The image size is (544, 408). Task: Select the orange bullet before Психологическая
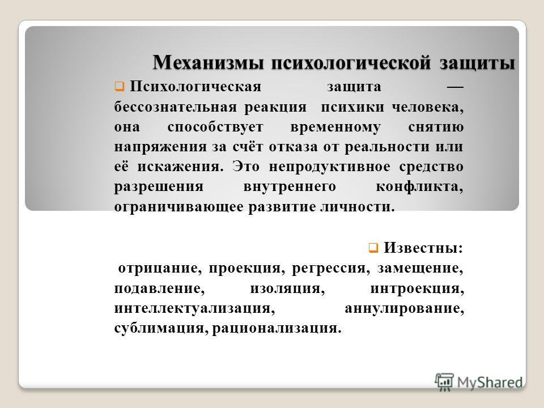click(120, 86)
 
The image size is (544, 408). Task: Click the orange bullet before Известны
click(373, 248)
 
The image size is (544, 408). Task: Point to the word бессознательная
click(176, 107)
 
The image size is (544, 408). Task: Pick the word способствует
click(215, 127)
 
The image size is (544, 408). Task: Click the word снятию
click(436, 127)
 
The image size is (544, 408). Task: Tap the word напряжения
click(160, 147)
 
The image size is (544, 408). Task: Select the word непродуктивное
click(330, 167)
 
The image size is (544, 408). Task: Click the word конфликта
click(419, 187)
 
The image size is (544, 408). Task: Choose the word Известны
click(423, 248)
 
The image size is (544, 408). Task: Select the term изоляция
click(287, 288)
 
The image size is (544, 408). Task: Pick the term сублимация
click(161, 328)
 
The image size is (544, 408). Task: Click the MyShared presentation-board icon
click(444, 381)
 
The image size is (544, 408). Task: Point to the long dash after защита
click(455, 87)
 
